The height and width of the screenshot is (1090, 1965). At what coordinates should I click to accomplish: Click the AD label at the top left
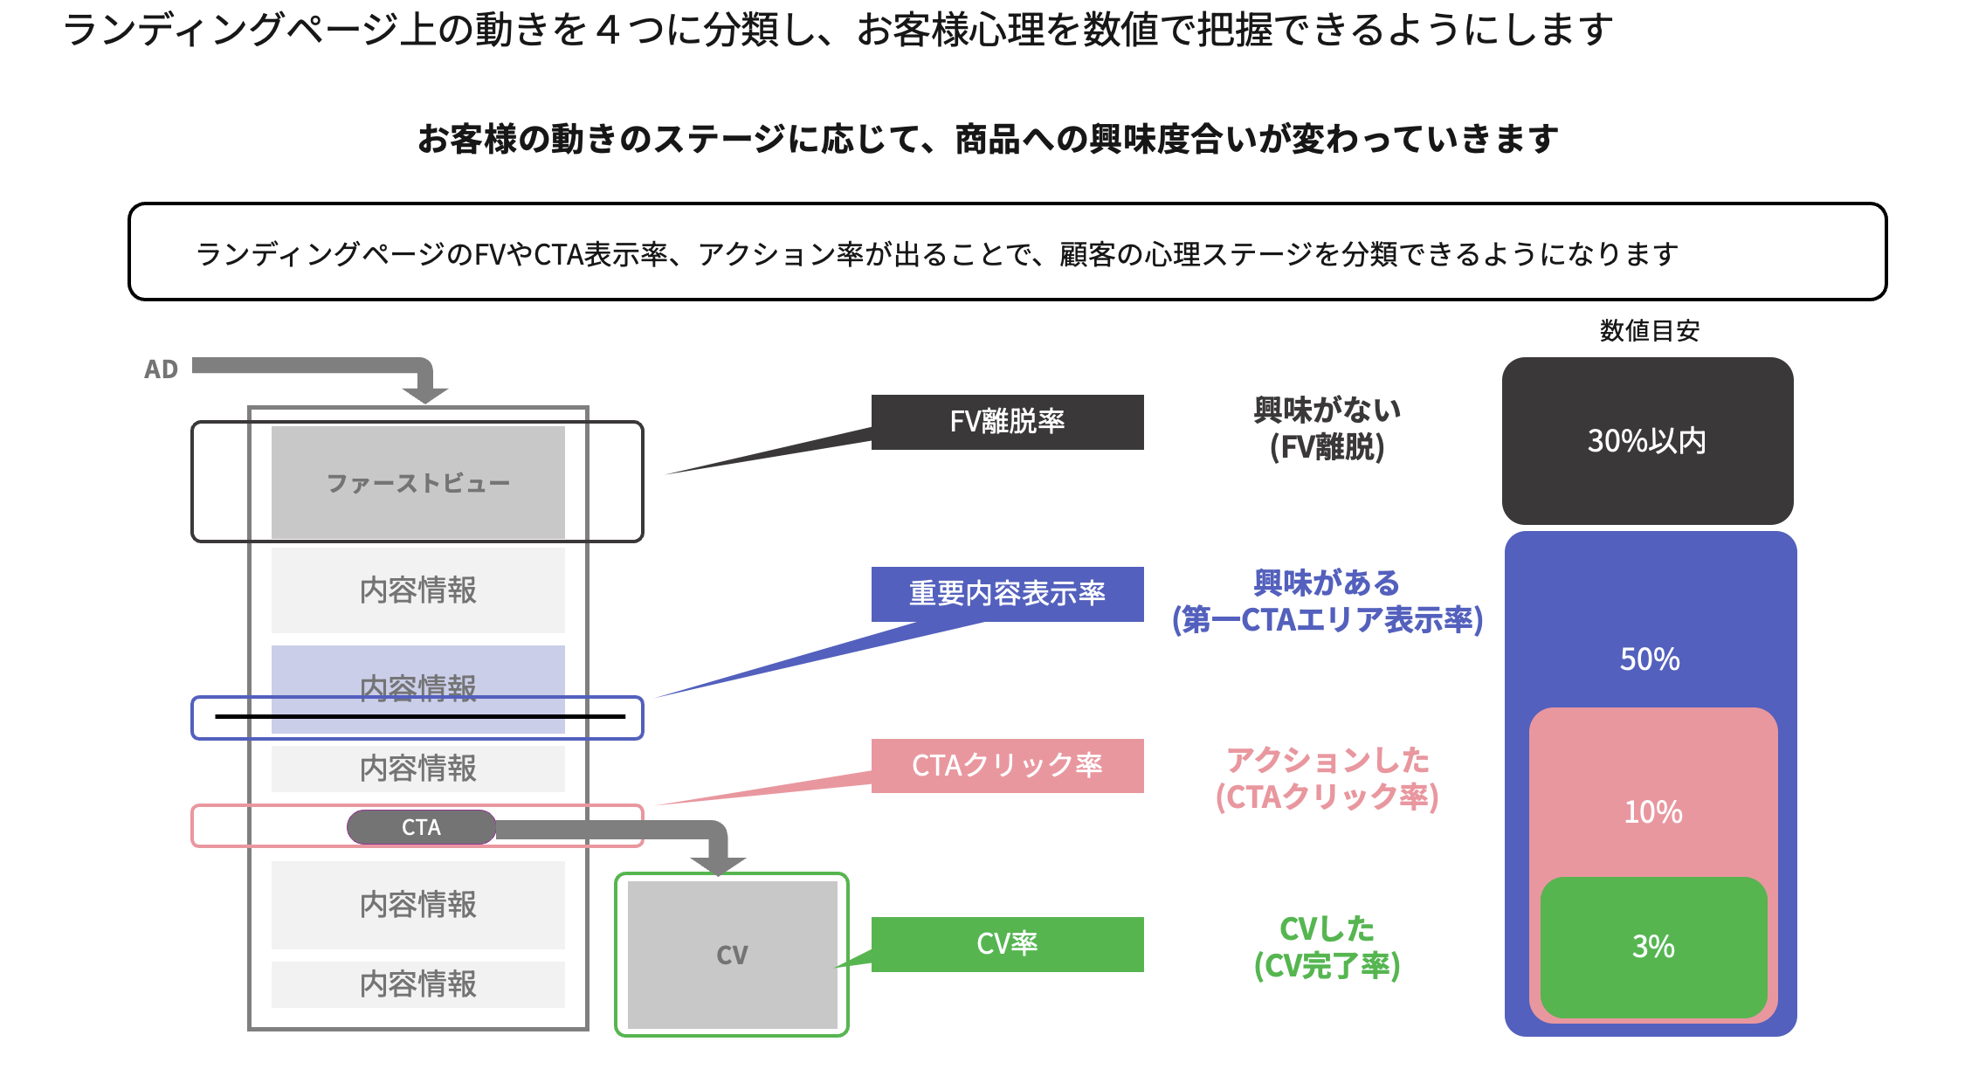(161, 369)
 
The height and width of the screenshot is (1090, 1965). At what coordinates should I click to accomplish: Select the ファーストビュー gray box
(417, 482)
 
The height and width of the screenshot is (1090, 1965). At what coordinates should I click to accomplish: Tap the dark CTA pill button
(421, 827)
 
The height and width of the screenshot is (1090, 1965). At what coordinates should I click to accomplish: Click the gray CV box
(732, 955)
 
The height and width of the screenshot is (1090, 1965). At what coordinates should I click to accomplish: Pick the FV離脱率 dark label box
(1007, 422)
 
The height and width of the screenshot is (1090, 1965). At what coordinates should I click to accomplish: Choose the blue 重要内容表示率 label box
(1007, 594)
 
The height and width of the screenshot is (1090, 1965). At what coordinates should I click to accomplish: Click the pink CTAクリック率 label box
(1007, 766)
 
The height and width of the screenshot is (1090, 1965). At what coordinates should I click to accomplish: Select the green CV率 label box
(1007, 944)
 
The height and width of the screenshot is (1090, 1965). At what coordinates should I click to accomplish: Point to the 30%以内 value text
(1647, 441)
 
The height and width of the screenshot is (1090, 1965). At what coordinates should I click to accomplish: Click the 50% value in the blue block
(1650, 659)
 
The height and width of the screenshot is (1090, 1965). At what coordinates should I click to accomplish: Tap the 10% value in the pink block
(1653, 812)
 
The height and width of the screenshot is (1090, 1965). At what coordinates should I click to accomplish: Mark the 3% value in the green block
(1653, 947)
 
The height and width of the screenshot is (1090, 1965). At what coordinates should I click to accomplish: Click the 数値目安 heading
(1649, 331)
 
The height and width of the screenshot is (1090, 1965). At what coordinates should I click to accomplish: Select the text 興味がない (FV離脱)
(1327, 428)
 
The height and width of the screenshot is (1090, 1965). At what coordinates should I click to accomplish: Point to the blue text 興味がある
(1327, 583)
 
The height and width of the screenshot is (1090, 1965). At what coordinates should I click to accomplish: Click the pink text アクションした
(1327, 761)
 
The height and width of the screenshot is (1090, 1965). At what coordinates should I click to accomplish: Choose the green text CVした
(1327, 929)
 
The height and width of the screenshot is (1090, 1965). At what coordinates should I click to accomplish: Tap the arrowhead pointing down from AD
(425, 393)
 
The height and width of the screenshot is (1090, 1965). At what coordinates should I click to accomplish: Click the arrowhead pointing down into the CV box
(718, 865)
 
